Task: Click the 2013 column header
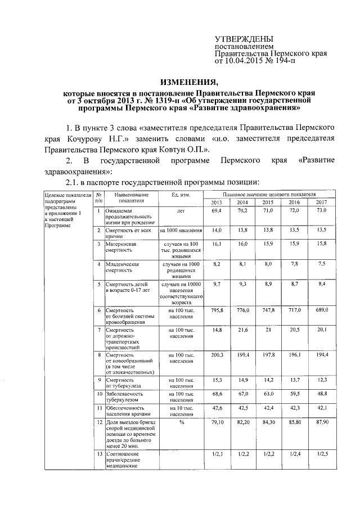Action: click(x=217, y=202)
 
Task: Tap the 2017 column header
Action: click(x=321, y=202)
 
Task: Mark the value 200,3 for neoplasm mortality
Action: click(x=217, y=355)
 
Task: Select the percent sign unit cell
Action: click(x=181, y=420)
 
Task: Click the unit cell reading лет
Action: click(x=181, y=211)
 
